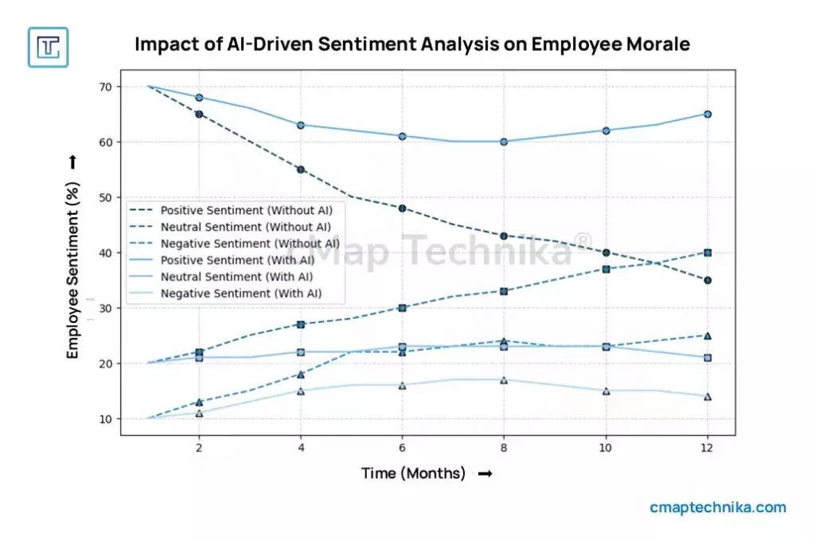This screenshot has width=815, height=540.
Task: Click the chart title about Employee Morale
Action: [411, 44]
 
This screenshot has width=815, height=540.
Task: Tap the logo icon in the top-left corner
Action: [48, 47]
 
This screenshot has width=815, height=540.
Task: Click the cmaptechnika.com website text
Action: [717, 507]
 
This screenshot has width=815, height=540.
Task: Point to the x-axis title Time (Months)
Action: [413, 473]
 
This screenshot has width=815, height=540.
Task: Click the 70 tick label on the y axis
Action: [104, 87]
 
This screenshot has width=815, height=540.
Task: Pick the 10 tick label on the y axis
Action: [104, 419]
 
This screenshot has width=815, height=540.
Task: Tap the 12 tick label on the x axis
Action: [707, 448]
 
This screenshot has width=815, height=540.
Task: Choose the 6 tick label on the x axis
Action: [402, 448]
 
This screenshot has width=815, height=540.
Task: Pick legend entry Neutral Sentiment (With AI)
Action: [236, 278]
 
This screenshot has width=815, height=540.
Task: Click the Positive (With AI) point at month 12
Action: [707, 115]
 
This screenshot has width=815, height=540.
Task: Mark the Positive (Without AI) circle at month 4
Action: [301, 169]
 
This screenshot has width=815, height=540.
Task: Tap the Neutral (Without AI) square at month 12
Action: [707, 253]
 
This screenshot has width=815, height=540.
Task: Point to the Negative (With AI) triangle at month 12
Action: [707, 397]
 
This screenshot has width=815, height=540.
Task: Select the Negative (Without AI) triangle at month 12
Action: [707, 336]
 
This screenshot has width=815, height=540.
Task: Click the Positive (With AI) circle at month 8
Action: [504, 142]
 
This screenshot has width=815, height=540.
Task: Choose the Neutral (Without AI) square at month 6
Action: [403, 308]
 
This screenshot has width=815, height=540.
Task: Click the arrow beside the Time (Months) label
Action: [484, 474]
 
